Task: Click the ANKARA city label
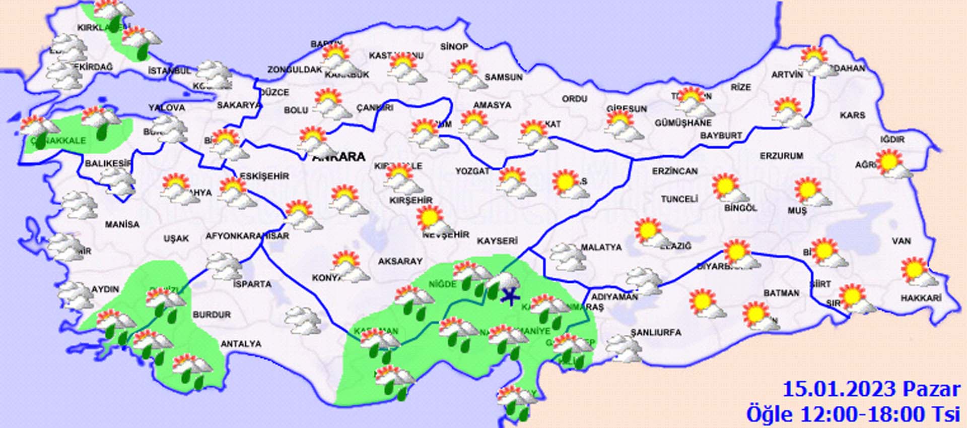pyautogui.click(x=339, y=157)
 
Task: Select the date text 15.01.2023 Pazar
pyautogui.click(x=871, y=389)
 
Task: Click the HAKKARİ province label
pyautogui.click(x=921, y=298)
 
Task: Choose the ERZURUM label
pyautogui.click(x=781, y=156)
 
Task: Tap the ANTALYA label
pyautogui.click(x=241, y=344)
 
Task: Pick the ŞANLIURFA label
pyautogui.click(x=655, y=333)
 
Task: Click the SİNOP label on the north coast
pyautogui.click(x=454, y=47)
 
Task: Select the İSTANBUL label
pyautogui.click(x=169, y=71)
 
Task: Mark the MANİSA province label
pyautogui.click(x=122, y=224)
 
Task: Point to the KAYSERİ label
pyautogui.click(x=497, y=241)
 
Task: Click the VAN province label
pyautogui.click(x=901, y=241)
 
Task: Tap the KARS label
pyautogui.click(x=852, y=115)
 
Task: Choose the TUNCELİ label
pyautogui.click(x=679, y=199)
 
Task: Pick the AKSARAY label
pyautogui.click(x=400, y=261)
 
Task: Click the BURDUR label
pyautogui.click(x=212, y=315)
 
